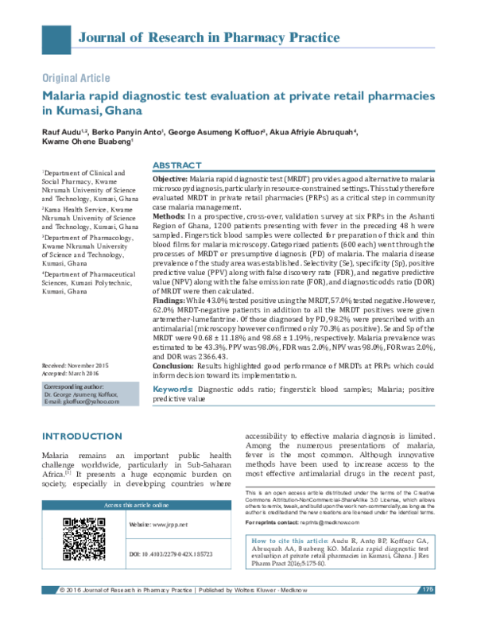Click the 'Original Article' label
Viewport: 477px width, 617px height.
pyautogui.click(x=76, y=78)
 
